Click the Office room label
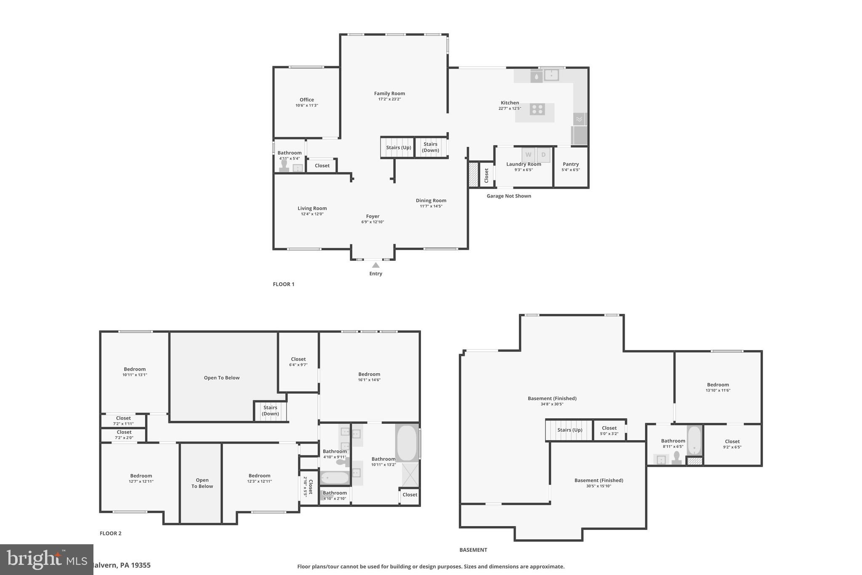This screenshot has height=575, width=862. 306,100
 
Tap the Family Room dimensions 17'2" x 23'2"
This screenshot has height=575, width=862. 389,99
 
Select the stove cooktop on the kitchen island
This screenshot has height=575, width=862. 537,110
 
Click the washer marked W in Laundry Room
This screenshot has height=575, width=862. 528,155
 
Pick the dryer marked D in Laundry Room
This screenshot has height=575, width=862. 543,155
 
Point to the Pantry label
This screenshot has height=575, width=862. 571,164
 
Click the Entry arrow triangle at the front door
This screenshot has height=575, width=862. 376,265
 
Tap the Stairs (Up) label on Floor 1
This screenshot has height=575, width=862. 398,147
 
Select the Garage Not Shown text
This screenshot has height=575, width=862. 508,196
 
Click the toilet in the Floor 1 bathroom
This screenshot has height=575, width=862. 284,166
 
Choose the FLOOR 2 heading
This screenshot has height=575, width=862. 110,533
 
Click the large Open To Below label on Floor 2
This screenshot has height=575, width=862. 221,378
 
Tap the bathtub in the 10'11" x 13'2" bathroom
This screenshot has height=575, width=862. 406,443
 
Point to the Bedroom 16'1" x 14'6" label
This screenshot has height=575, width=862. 369,374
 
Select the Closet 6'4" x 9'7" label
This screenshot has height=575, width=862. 298,359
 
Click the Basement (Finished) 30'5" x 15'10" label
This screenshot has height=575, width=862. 599,480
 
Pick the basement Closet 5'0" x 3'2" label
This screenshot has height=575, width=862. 609,428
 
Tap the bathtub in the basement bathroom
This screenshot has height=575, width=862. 694,440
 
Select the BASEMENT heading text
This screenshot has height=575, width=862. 473,550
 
